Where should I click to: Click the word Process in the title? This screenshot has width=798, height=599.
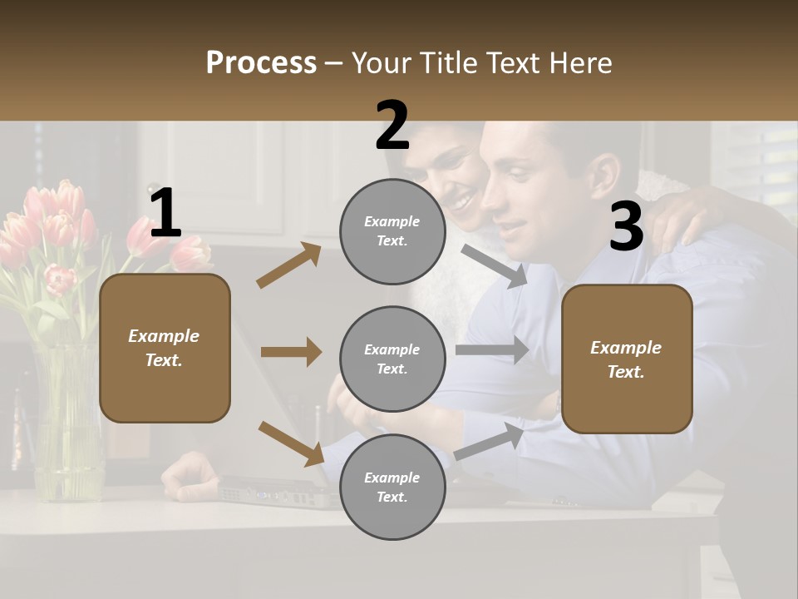point(261,62)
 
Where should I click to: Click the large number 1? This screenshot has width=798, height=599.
point(165,214)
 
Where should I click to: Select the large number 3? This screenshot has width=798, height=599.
point(626,226)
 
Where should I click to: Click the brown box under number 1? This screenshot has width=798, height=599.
point(165,348)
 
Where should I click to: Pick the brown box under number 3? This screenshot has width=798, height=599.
point(627,359)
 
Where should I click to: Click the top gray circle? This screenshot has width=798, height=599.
point(392,231)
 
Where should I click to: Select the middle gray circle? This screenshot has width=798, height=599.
point(392,359)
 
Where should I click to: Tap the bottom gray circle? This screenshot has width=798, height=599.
point(392,487)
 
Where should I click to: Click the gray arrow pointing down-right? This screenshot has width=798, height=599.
point(495,266)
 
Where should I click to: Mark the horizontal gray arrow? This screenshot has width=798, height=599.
point(492,349)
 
